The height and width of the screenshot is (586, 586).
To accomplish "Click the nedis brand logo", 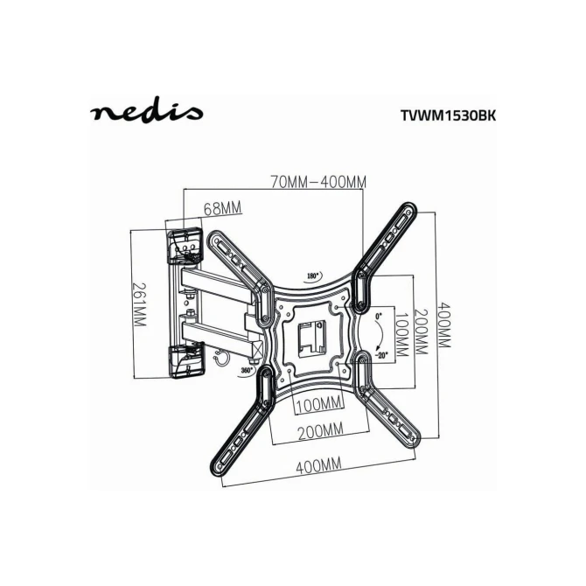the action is (x=147, y=109).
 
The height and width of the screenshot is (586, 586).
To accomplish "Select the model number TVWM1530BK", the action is (x=448, y=115).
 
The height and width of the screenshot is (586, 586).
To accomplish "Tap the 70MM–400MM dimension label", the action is (x=318, y=182).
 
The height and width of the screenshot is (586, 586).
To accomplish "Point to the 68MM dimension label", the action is (x=222, y=208).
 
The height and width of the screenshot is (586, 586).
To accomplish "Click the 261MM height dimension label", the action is (x=140, y=304).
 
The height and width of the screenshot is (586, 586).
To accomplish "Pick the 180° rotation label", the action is (x=313, y=276).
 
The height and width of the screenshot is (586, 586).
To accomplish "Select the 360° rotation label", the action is (x=247, y=370).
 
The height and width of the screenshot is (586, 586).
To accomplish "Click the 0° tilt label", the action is (x=379, y=316).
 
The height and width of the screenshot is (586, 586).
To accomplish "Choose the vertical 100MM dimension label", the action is (x=401, y=333).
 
